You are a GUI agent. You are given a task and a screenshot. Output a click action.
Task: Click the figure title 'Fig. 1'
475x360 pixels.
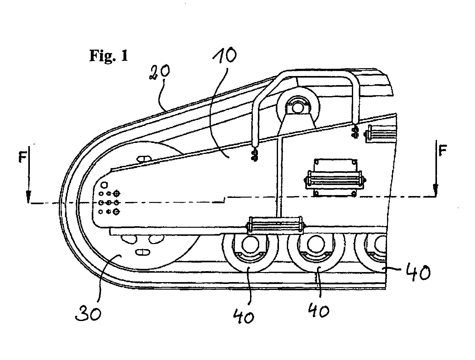coord(109,55)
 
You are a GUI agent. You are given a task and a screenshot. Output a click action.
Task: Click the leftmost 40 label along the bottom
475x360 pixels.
coord(243,316)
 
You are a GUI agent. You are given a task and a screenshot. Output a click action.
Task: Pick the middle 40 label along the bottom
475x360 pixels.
coord(319,310)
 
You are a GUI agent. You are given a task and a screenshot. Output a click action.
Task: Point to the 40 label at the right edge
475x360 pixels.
coord(418,272)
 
